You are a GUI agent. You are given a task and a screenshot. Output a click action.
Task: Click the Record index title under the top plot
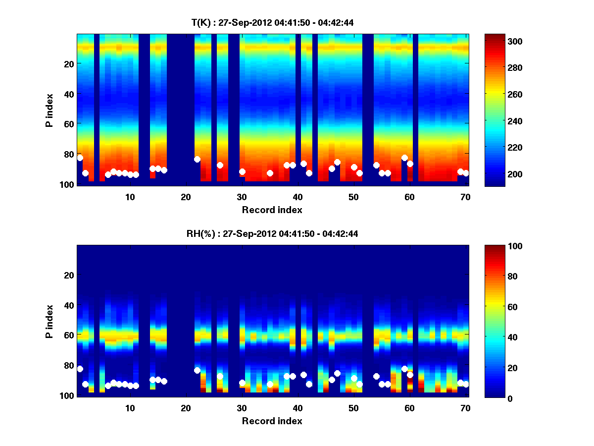point(272,210)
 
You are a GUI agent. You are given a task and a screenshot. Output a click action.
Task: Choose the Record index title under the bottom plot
point(272,421)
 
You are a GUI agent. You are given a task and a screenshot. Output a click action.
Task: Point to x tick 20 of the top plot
point(186,197)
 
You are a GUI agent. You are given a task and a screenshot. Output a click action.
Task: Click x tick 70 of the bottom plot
point(465,408)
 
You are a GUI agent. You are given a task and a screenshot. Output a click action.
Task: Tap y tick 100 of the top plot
point(68,184)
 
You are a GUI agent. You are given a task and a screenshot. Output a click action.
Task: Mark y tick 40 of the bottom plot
point(70,305)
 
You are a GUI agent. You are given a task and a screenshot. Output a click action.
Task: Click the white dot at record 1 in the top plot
point(80,158)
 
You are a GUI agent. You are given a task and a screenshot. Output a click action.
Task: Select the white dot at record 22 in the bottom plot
point(197,370)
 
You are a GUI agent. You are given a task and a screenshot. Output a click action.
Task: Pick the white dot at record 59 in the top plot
point(404,158)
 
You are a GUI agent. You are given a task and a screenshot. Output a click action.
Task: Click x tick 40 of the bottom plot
point(297,408)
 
